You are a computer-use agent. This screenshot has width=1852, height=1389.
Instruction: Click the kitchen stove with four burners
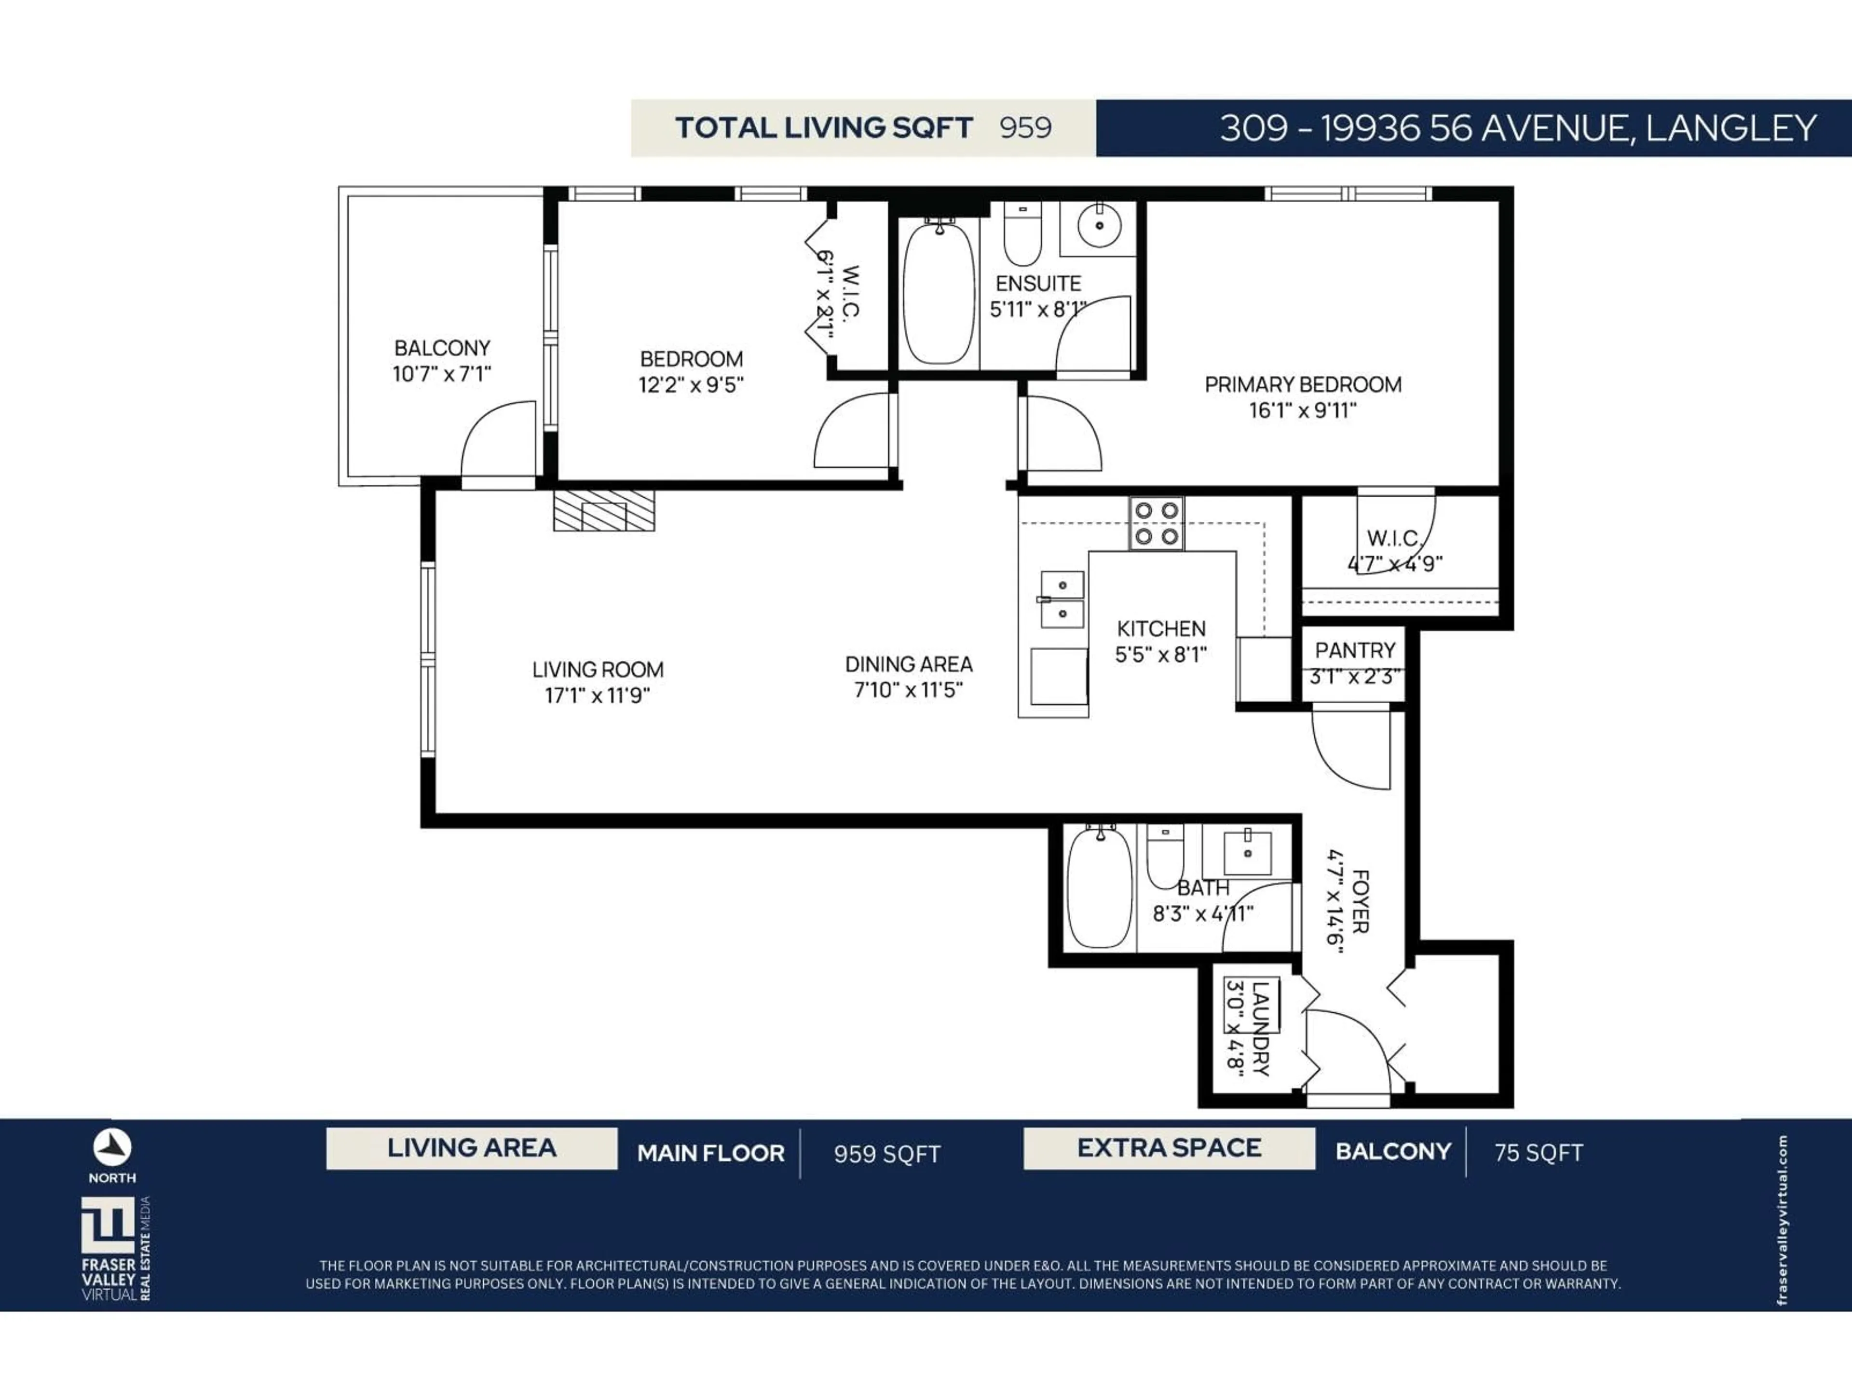(1156, 523)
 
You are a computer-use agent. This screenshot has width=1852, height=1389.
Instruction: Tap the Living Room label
(597, 670)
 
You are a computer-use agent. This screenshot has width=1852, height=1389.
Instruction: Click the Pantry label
(1355, 651)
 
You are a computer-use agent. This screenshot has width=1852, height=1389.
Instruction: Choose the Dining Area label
(909, 665)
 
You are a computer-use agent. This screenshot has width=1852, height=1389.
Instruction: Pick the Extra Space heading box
(1169, 1148)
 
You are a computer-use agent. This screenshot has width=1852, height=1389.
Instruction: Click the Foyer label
(1360, 902)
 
